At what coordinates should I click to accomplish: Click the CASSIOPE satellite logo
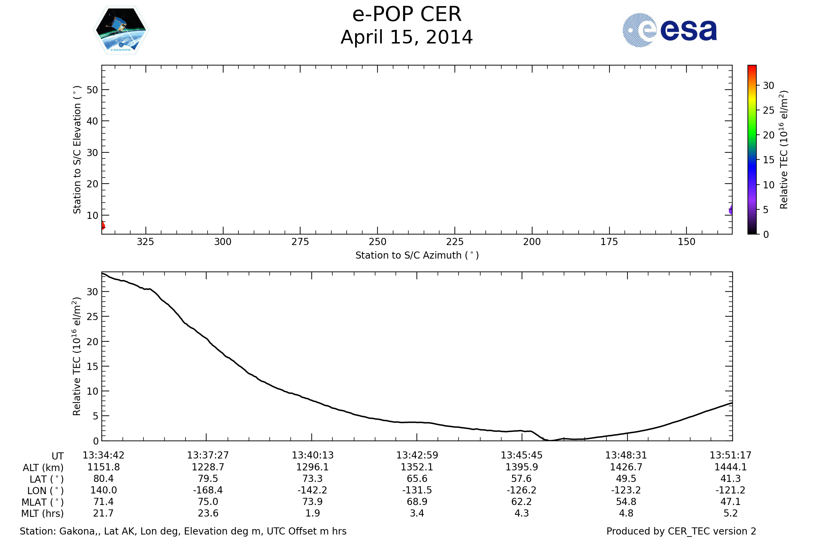(x=121, y=30)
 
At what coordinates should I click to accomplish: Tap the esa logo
(x=669, y=30)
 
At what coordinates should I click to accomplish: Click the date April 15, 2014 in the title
(x=407, y=37)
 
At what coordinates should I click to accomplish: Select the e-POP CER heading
(x=407, y=15)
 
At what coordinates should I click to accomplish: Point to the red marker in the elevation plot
(x=103, y=225)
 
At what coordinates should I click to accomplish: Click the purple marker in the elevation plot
(x=731, y=210)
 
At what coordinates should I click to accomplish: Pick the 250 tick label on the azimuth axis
(x=377, y=242)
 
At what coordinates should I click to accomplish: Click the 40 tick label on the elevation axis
(x=92, y=121)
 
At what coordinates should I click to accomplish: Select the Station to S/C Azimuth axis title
(x=417, y=255)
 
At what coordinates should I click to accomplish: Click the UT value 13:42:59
(x=417, y=455)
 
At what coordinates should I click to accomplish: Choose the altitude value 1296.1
(x=312, y=467)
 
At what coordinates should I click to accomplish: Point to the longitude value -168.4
(x=208, y=490)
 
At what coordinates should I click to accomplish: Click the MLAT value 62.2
(x=521, y=502)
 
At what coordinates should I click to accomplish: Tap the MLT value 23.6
(x=208, y=513)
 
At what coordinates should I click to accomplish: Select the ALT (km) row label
(x=43, y=468)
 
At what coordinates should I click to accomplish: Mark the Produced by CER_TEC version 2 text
(x=681, y=531)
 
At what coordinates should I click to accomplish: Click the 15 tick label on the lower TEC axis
(x=92, y=367)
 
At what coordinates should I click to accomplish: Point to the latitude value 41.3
(x=730, y=479)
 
